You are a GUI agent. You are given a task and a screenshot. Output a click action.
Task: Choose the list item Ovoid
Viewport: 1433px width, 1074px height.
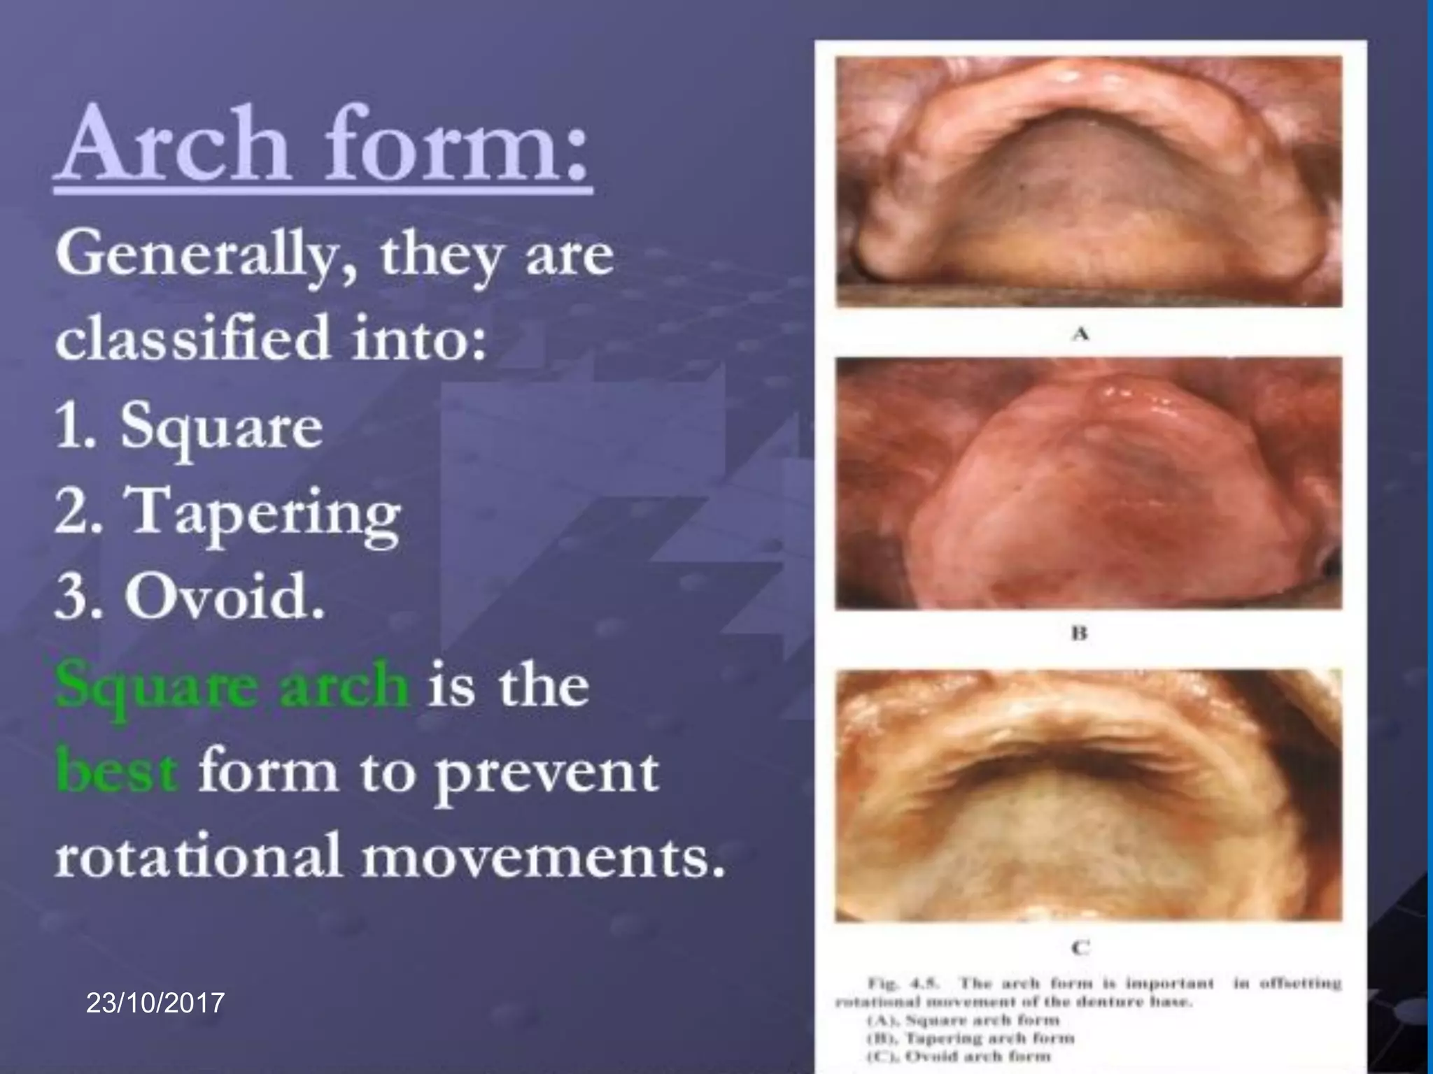tap(224, 598)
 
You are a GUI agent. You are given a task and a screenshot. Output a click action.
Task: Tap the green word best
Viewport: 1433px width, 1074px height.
tap(116, 771)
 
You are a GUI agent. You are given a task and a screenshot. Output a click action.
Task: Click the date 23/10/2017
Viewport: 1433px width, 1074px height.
tap(155, 1003)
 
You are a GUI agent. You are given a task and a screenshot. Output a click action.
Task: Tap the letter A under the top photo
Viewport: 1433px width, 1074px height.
tap(1081, 334)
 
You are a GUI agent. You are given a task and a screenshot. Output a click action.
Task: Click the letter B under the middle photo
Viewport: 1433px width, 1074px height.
tap(1080, 633)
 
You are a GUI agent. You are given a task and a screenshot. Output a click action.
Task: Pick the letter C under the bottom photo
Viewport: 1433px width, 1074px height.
tap(1081, 947)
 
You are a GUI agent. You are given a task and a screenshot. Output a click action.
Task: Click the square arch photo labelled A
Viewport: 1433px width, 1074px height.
tap(1089, 182)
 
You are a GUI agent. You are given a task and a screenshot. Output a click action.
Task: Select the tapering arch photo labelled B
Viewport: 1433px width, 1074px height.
tap(1089, 482)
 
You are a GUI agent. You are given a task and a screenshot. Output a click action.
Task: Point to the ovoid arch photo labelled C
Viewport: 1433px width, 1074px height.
tap(1089, 795)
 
